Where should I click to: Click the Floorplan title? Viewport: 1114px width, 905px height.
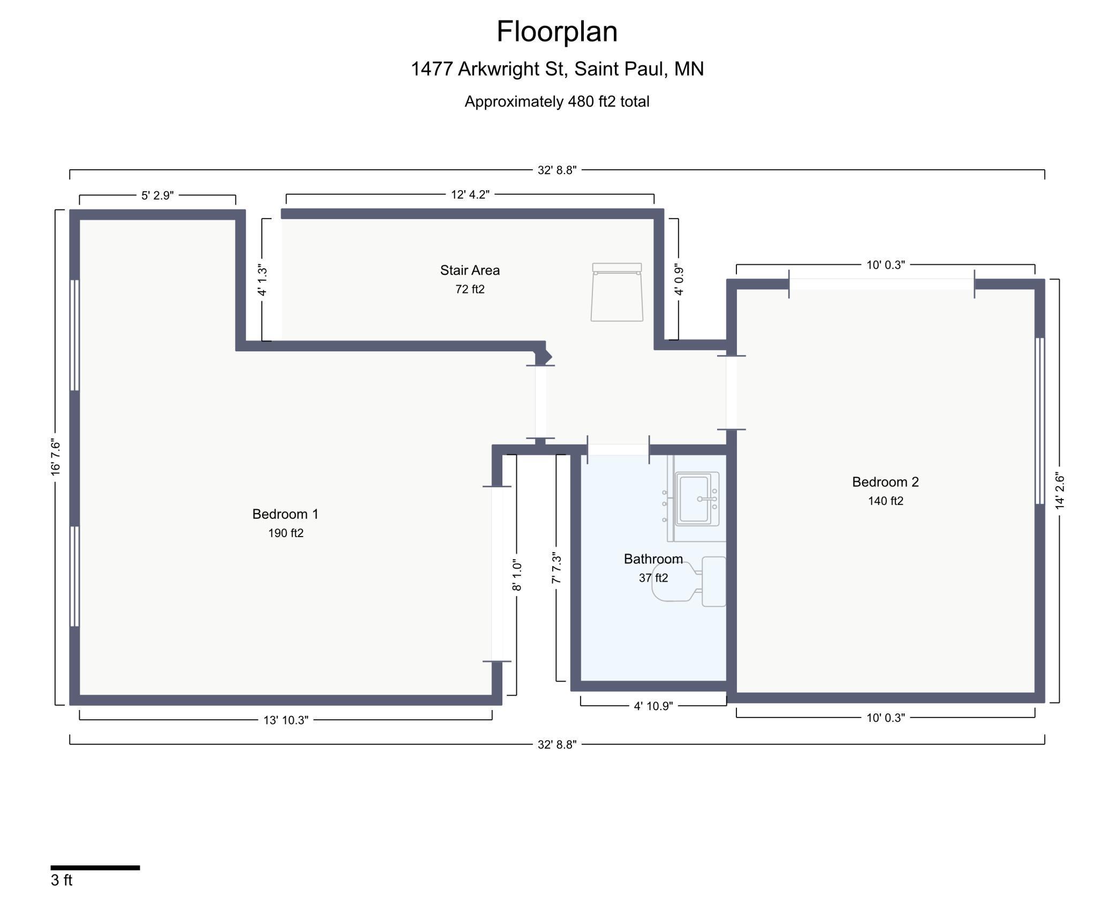click(x=557, y=32)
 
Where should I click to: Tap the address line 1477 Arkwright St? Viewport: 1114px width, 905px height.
click(x=557, y=69)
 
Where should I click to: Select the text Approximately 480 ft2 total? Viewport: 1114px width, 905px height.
click(x=557, y=102)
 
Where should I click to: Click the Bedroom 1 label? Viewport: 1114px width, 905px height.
click(x=285, y=514)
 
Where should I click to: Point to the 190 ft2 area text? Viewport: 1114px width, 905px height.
click(x=286, y=533)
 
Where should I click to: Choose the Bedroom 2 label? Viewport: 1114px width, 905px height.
click(x=885, y=482)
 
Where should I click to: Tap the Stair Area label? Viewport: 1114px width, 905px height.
click(x=470, y=270)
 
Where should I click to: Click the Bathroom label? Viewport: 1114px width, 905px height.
click(x=653, y=559)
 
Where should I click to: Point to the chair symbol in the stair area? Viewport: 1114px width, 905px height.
click(x=617, y=292)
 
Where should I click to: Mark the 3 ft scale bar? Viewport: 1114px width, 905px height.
click(x=95, y=868)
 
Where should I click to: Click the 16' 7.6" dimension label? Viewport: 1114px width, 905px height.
click(x=56, y=457)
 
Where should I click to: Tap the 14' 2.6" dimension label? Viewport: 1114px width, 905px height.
click(x=1059, y=491)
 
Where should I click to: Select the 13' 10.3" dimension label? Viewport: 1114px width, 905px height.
click(x=286, y=720)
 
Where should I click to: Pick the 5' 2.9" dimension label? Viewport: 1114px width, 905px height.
click(x=157, y=195)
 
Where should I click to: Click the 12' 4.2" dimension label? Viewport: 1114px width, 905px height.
click(x=470, y=194)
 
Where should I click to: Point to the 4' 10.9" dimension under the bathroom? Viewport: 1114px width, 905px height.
click(x=653, y=706)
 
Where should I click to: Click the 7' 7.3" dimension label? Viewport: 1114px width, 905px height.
click(x=556, y=568)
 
